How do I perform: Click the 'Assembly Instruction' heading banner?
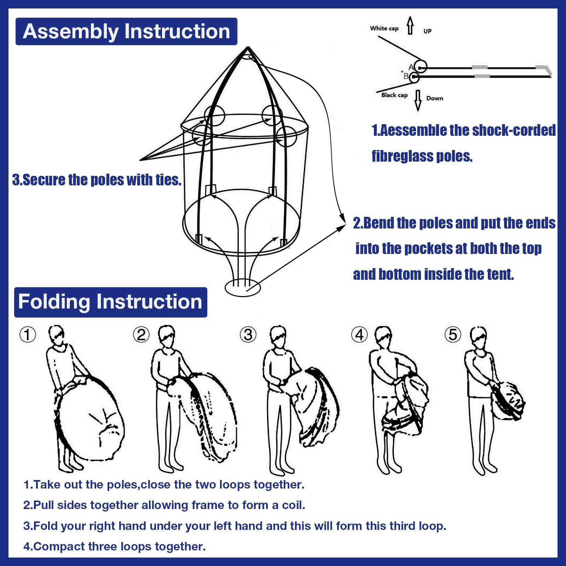pyautogui.click(x=126, y=31)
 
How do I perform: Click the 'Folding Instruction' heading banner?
pyautogui.click(x=110, y=302)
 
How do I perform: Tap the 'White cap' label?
pyautogui.click(x=384, y=28)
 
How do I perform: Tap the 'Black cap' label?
pyautogui.click(x=394, y=95)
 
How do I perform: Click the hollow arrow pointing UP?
pyautogui.click(x=410, y=25)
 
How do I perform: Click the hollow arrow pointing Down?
pyautogui.click(x=418, y=100)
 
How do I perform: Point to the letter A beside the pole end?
pyautogui.click(x=411, y=67)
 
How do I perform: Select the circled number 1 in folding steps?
pyautogui.click(x=28, y=334)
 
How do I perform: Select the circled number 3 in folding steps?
pyautogui.click(x=248, y=334)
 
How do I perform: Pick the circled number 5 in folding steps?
pyautogui.click(x=453, y=334)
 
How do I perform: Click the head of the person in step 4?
pyautogui.click(x=383, y=336)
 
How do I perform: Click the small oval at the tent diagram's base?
pyautogui.click(x=243, y=287)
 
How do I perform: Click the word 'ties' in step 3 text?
pyautogui.click(x=168, y=180)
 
